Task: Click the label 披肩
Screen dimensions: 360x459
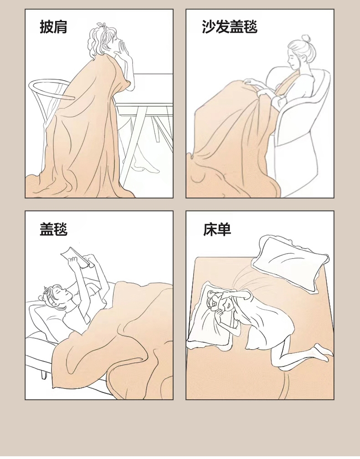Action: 54,27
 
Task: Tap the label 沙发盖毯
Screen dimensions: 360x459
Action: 230,27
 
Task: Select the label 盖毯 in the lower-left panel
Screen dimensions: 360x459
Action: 54,229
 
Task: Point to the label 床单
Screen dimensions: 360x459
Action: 217,229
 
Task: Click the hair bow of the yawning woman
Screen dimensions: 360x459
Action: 102,25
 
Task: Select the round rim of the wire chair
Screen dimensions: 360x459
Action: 51,88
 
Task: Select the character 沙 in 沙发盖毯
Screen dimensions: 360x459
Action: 209,27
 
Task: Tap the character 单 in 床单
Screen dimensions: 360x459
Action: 224,229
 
